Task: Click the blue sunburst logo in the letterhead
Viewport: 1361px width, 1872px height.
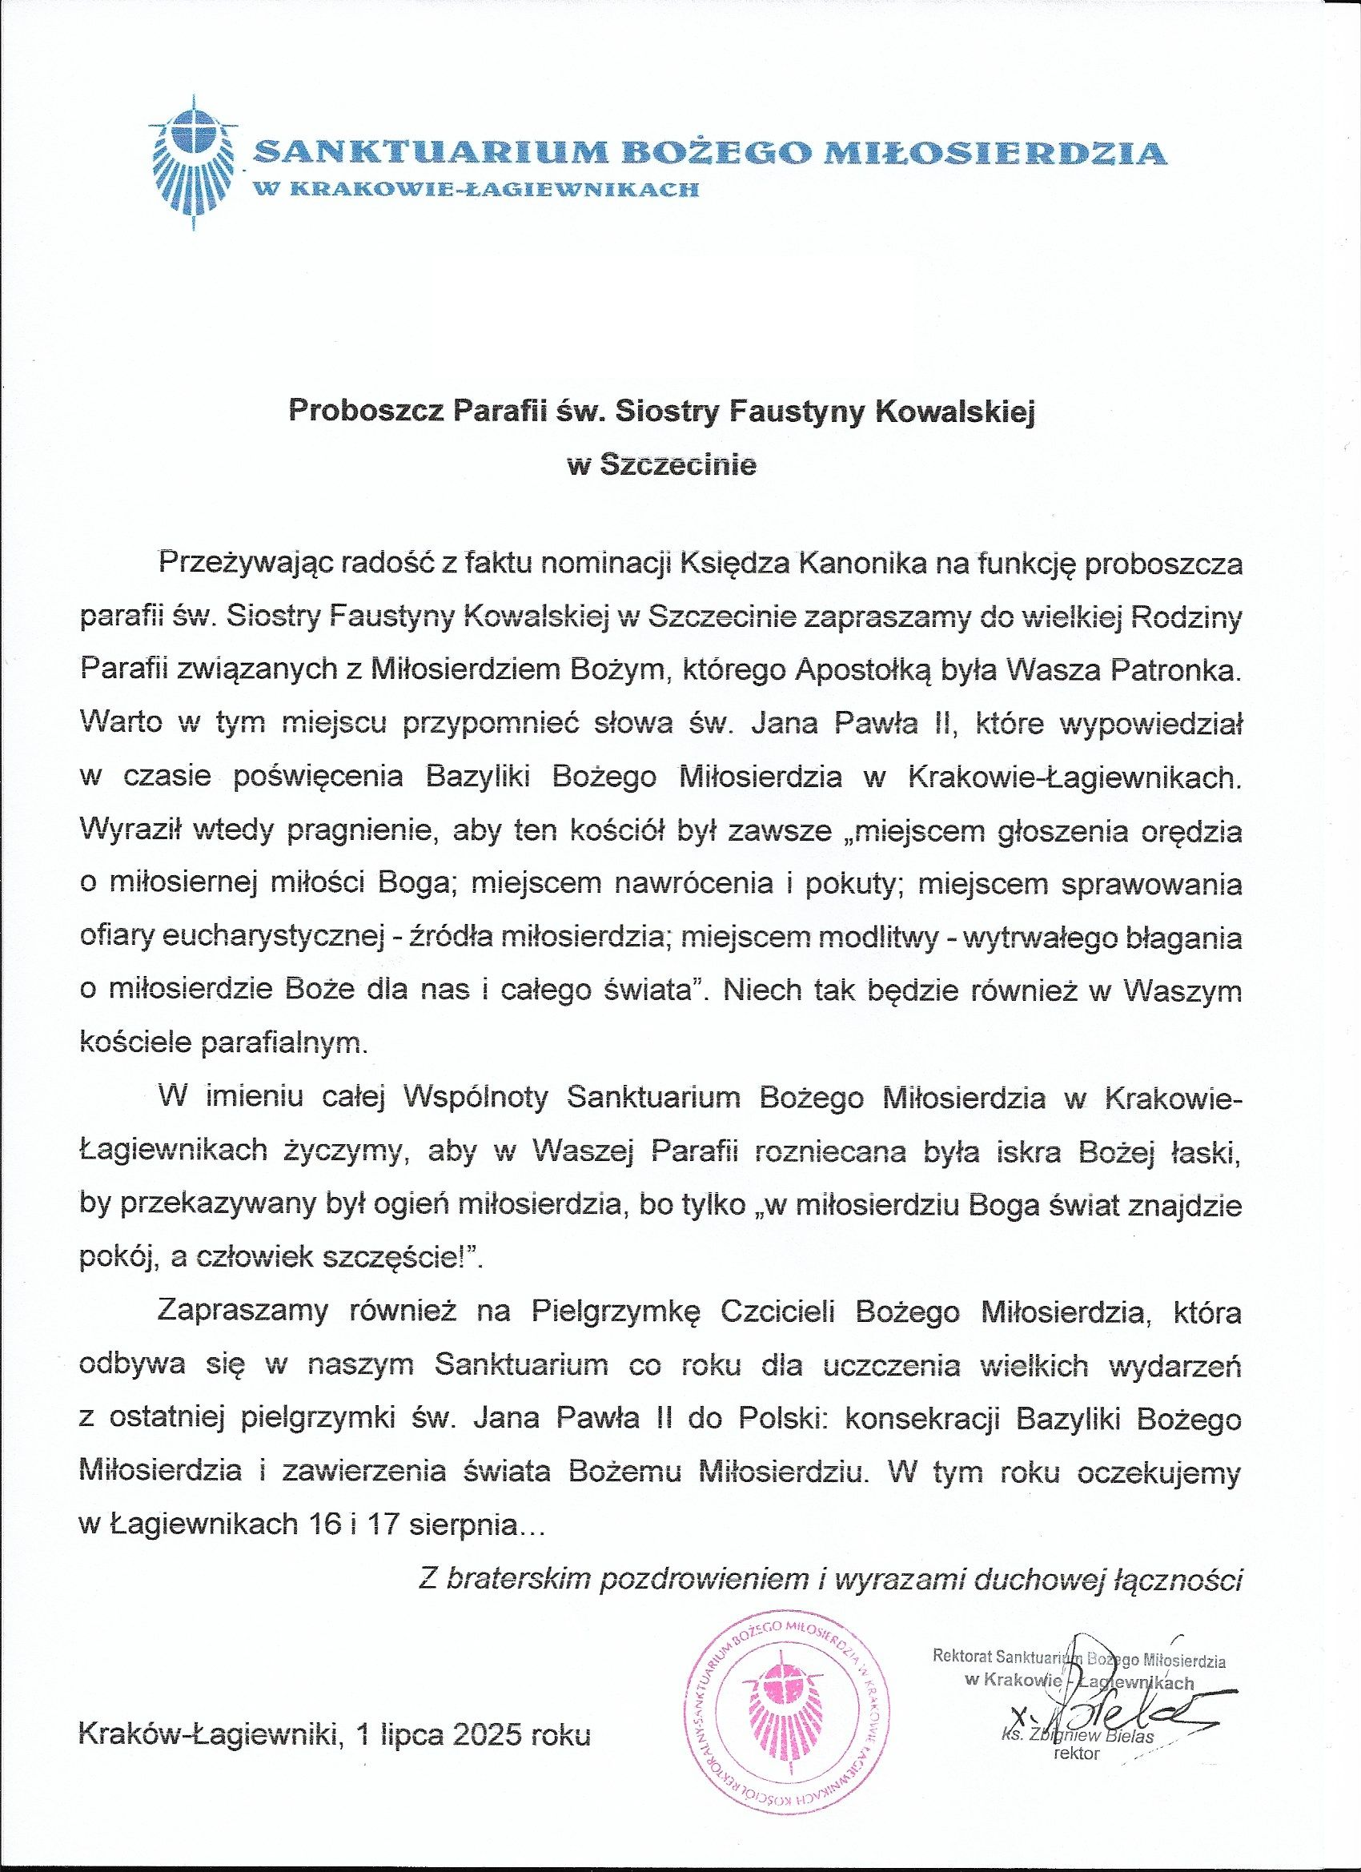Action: click(x=192, y=160)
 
